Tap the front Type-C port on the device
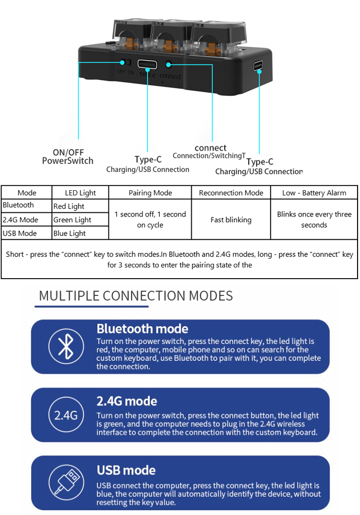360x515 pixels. click(x=147, y=64)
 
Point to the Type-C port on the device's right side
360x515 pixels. click(x=258, y=66)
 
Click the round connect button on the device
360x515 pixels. click(x=168, y=64)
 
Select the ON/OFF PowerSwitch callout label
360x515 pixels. click(x=68, y=157)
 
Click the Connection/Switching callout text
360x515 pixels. click(x=209, y=156)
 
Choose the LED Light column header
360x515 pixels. click(x=81, y=193)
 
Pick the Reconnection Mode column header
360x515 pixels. click(x=231, y=193)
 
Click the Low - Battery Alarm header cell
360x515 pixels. click(x=314, y=193)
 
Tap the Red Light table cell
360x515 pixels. click(x=81, y=206)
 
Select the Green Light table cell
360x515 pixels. click(x=81, y=220)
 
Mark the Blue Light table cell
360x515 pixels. click(x=81, y=233)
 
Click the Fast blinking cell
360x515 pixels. click(x=231, y=220)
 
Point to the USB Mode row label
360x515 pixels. click(x=20, y=233)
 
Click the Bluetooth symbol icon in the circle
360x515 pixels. click(x=66, y=346)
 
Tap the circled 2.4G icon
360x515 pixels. click(x=66, y=415)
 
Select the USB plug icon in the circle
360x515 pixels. click(x=67, y=482)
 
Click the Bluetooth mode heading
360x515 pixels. click(x=143, y=329)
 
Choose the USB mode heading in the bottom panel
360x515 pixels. click(x=126, y=470)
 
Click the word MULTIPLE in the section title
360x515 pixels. click(x=70, y=296)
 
